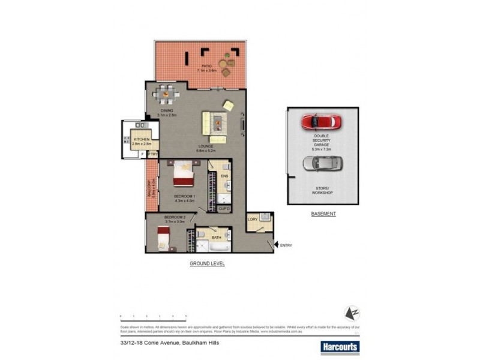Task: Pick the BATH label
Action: [x=217, y=238]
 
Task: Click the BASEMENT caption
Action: [x=323, y=214]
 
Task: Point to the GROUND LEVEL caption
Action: [x=206, y=263]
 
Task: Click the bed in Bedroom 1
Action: [x=183, y=176]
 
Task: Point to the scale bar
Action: [x=153, y=316]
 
